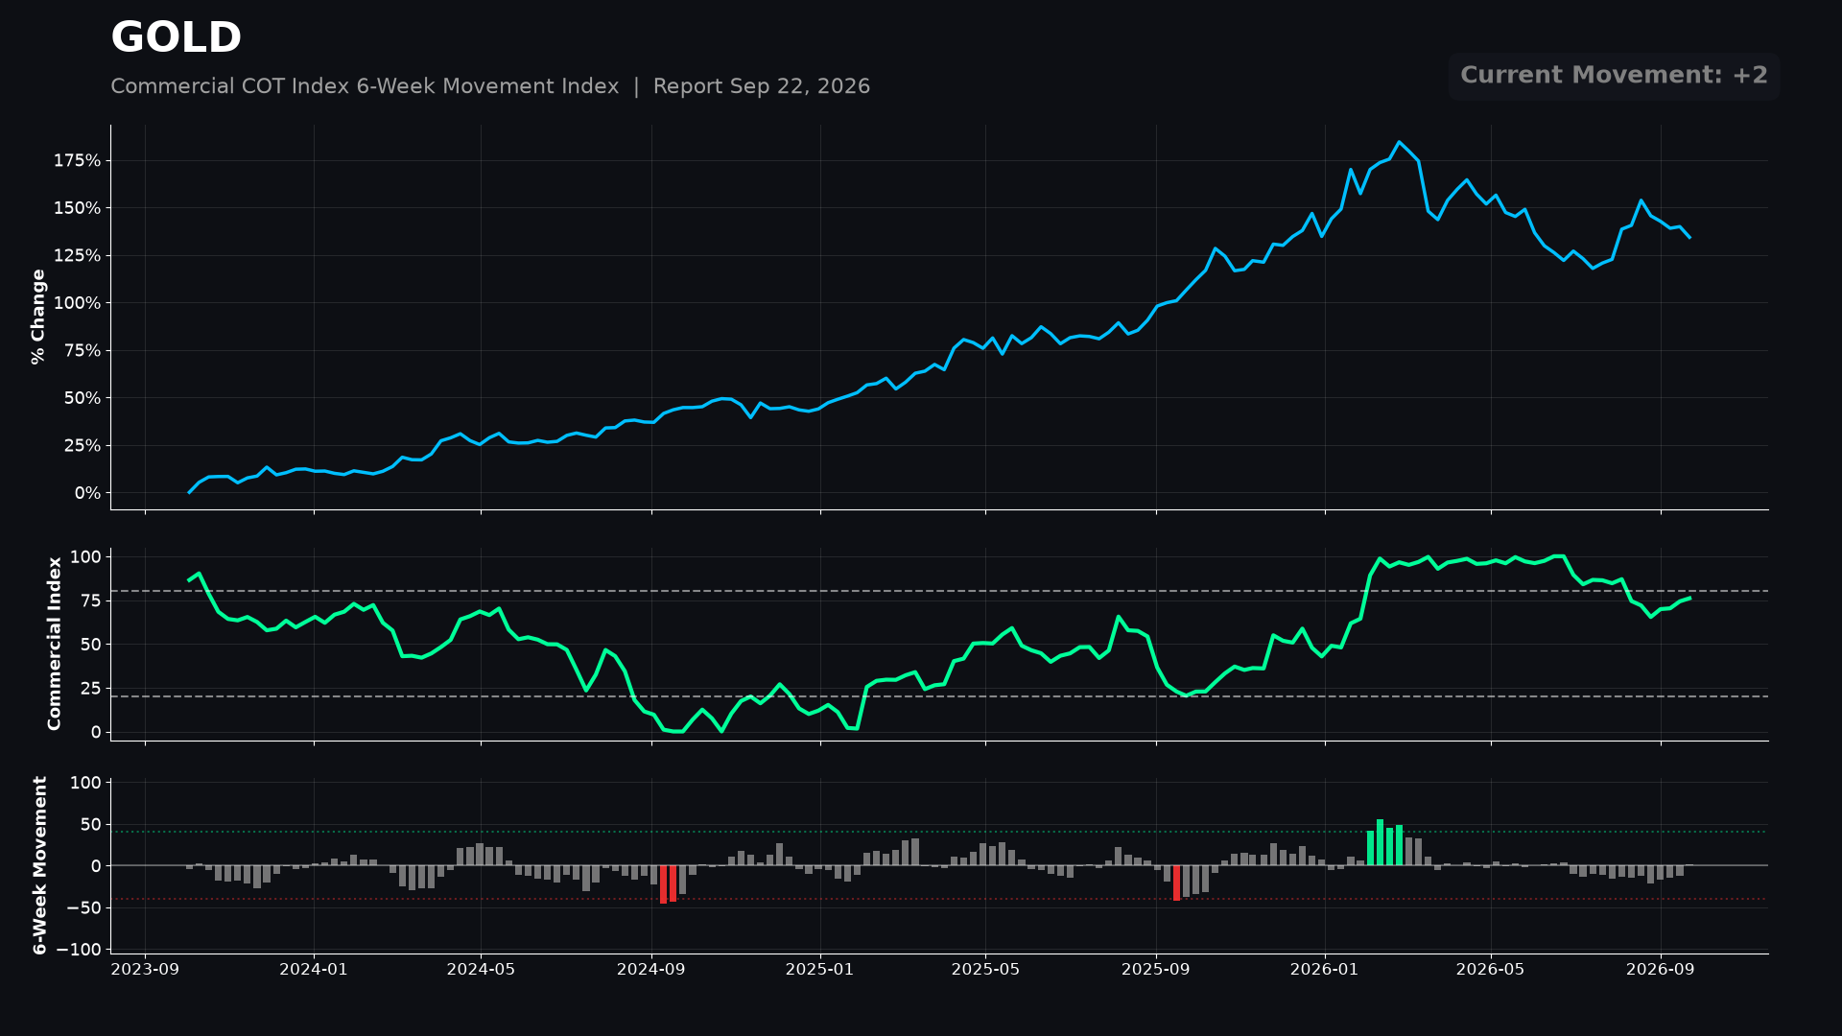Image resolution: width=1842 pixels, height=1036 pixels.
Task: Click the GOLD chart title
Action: pos(176,38)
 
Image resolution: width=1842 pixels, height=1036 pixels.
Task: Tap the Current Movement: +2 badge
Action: pos(1614,76)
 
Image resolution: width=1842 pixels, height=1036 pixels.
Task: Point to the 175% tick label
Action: pos(77,161)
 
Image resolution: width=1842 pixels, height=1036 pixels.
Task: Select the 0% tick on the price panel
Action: pos(87,493)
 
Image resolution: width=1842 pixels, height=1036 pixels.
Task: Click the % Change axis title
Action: pos(38,317)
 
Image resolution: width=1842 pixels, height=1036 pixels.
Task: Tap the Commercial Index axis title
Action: pos(55,644)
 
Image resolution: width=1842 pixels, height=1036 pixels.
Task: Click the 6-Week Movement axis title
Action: pos(40,865)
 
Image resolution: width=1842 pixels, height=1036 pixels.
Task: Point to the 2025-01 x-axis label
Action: pos(819,970)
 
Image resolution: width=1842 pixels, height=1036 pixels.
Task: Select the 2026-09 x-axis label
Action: pos(1660,970)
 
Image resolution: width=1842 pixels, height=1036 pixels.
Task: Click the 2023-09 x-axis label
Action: pos(145,970)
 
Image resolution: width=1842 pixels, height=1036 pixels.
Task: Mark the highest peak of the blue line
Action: pos(1399,142)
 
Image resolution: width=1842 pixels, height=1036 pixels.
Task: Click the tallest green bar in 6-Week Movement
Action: pos(1380,842)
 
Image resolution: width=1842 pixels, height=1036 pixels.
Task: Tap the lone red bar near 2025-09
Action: pos(1176,883)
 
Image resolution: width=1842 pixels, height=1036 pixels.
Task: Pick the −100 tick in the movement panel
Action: pos(78,950)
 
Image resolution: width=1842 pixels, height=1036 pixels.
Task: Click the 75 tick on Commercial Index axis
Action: pos(91,600)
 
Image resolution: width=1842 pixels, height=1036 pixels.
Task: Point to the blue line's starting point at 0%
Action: pos(189,493)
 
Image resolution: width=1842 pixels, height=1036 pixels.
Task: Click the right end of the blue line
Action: pos(1689,237)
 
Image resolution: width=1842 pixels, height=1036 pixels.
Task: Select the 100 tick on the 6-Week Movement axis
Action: pos(85,783)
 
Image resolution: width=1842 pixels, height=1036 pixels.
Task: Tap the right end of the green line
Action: pos(1689,598)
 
